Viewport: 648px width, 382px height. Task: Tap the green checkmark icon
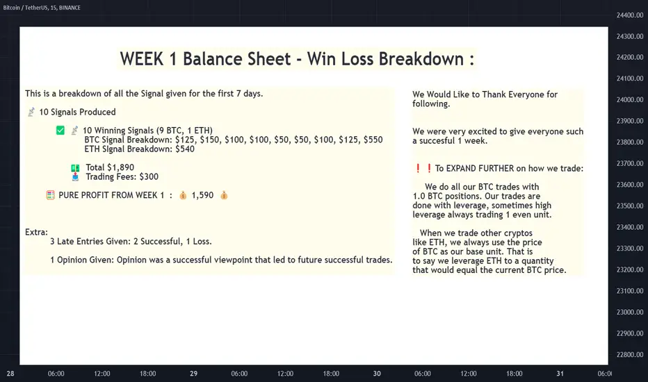(60, 131)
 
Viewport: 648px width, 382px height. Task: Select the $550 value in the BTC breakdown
(373, 140)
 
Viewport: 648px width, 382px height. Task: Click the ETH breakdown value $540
(185, 149)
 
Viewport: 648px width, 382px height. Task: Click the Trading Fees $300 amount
(149, 176)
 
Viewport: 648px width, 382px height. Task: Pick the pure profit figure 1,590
(202, 195)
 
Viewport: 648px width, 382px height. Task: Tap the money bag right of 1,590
(224, 195)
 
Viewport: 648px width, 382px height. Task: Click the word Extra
(35, 232)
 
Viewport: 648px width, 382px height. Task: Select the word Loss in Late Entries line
(202, 241)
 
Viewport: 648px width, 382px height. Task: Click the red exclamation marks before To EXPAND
(423, 168)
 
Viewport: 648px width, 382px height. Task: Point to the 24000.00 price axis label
(630, 99)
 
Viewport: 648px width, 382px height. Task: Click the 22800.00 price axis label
(630, 354)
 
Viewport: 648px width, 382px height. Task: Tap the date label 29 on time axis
(193, 374)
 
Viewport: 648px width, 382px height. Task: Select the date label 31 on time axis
(560, 374)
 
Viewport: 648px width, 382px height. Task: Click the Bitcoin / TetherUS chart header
(42, 8)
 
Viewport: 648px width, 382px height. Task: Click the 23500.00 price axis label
(630, 206)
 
